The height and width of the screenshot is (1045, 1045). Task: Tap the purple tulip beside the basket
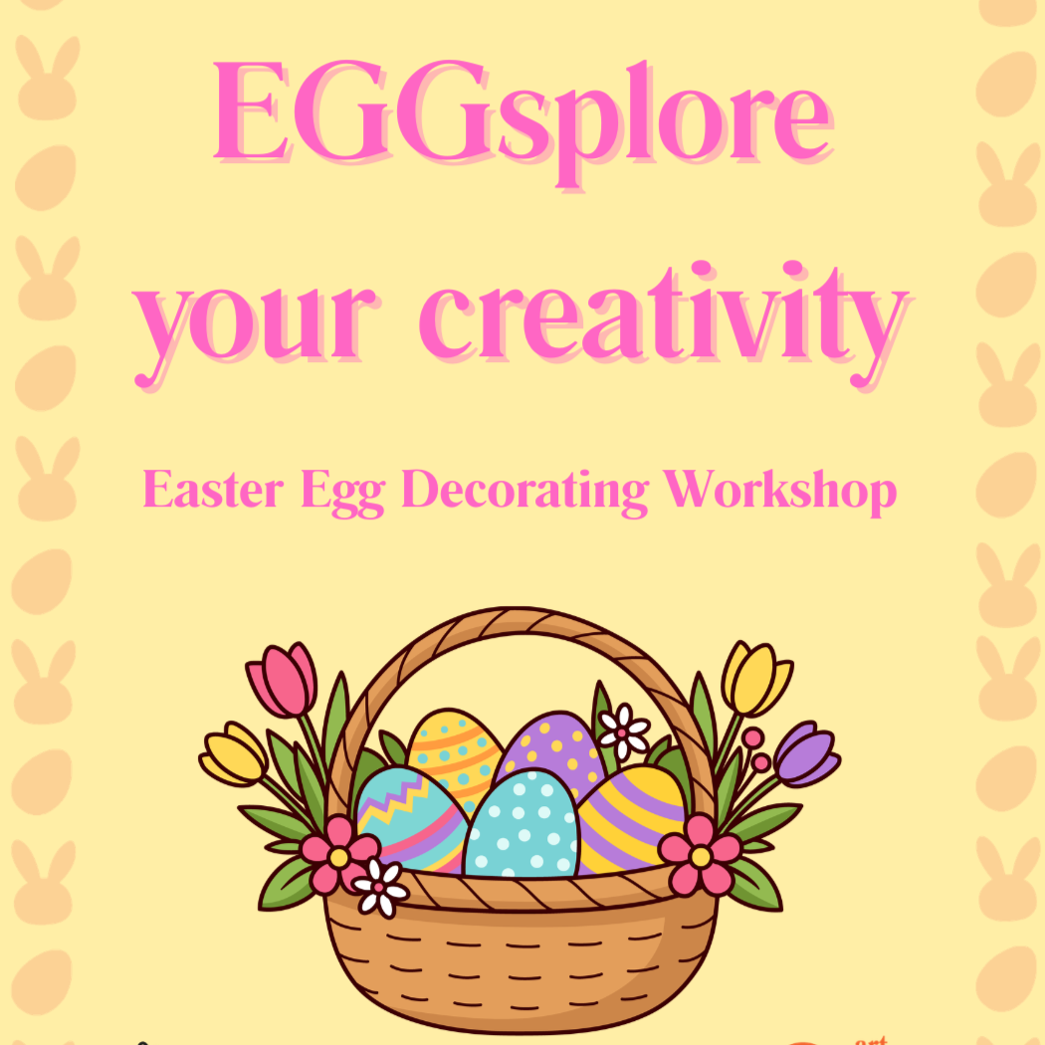pos(806,754)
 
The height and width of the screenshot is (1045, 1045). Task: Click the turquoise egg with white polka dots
pos(522,826)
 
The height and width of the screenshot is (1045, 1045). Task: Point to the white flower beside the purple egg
pos(623,732)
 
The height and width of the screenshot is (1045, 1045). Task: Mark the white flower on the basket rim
pos(380,885)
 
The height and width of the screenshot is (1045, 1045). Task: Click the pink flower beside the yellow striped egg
pos(700,854)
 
